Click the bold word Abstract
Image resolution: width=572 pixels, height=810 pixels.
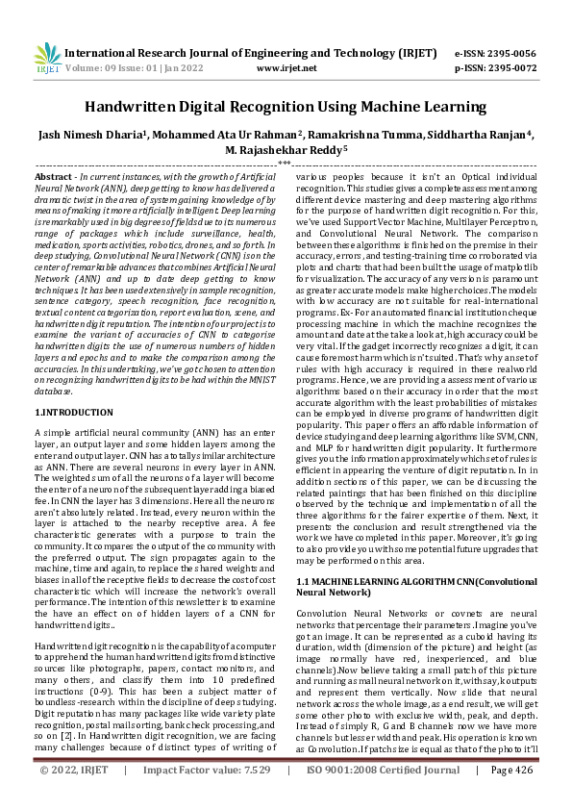(53, 179)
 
